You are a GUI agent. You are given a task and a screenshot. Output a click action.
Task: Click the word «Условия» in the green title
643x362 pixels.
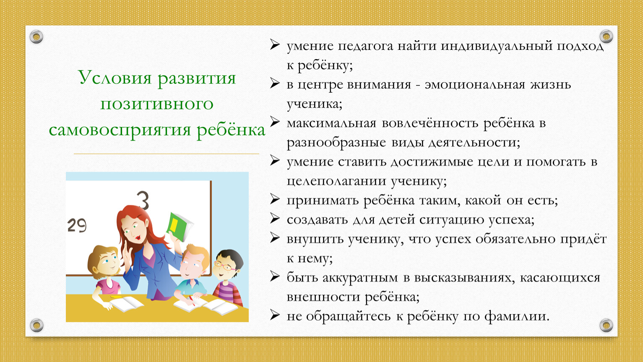tap(115, 78)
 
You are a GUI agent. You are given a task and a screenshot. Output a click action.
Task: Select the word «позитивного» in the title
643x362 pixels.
tap(157, 104)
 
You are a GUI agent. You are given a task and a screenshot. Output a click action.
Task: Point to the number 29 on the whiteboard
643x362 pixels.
tap(77, 225)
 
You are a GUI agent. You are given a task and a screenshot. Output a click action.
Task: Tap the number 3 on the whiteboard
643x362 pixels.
tap(143, 200)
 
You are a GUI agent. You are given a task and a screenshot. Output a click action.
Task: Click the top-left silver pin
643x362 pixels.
tap(36, 37)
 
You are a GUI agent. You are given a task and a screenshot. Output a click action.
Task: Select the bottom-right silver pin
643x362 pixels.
tap(606, 325)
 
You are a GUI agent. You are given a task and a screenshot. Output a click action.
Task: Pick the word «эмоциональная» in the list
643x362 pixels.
tap(475, 85)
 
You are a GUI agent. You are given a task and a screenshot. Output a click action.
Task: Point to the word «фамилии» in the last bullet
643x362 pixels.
tap(517, 317)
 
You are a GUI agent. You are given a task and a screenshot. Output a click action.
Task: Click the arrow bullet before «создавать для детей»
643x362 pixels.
tap(275, 219)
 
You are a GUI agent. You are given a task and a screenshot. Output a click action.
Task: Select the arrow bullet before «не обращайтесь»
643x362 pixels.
tap(275, 315)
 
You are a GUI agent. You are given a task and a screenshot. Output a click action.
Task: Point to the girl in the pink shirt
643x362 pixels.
tap(106, 275)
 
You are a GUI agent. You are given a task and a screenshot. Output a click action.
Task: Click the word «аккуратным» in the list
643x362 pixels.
tap(360, 278)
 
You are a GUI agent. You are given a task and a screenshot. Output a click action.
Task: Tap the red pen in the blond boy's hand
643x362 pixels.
tap(191, 300)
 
